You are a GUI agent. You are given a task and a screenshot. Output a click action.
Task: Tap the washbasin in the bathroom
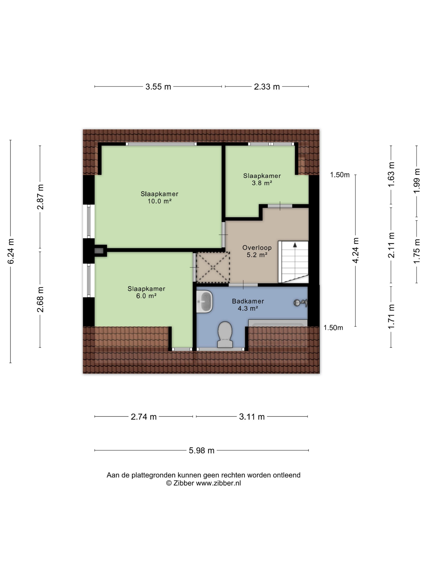click(x=204, y=302)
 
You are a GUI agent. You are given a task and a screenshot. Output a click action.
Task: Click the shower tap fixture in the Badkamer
click(x=300, y=303)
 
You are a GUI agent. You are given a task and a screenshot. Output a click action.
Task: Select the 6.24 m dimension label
click(x=11, y=251)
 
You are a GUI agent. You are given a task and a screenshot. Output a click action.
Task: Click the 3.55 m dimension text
click(x=158, y=87)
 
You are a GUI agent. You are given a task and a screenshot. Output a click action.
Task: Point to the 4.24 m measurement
click(x=355, y=250)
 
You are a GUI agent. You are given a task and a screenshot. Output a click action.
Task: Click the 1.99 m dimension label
click(x=416, y=181)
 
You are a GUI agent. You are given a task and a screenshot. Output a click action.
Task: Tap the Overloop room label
click(x=257, y=248)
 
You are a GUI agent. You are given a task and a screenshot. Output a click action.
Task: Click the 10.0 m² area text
click(x=159, y=201)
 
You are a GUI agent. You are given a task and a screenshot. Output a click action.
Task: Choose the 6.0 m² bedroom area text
click(x=146, y=296)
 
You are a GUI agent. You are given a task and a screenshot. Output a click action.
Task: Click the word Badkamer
click(x=248, y=301)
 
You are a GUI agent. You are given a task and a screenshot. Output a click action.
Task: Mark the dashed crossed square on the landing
click(x=213, y=267)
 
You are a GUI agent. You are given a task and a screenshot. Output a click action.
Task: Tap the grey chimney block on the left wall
click(x=99, y=251)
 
